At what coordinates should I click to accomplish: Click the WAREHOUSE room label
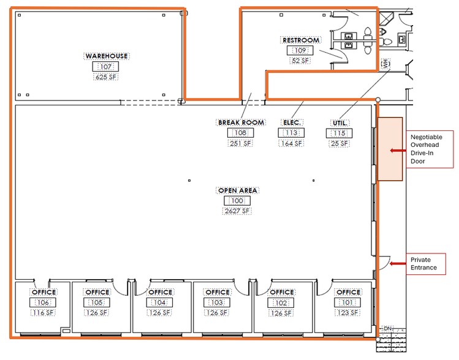click(107, 56)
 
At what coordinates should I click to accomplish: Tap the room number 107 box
click(107, 67)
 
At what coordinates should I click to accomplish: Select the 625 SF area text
click(107, 78)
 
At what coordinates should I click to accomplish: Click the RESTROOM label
click(300, 40)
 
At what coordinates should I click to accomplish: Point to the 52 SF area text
click(300, 61)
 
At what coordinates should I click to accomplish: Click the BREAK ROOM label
click(241, 122)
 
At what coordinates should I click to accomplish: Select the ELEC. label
click(290, 122)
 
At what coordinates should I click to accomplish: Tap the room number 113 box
click(290, 133)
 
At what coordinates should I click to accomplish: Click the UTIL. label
click(340, 122)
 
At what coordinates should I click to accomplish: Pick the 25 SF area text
click(340, 143)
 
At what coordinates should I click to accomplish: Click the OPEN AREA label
click(237, 190)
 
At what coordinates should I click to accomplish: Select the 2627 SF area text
click(237, 211)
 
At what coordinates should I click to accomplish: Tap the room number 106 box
click(44, 302)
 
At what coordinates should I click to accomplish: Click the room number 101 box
click(348, 302)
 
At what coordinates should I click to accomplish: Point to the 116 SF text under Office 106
click(44, 313)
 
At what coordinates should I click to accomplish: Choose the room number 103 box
click(218, 302)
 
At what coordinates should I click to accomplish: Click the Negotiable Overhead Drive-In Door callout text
click(428, 149)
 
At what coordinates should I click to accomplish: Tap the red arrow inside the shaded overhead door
click(395, 149)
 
